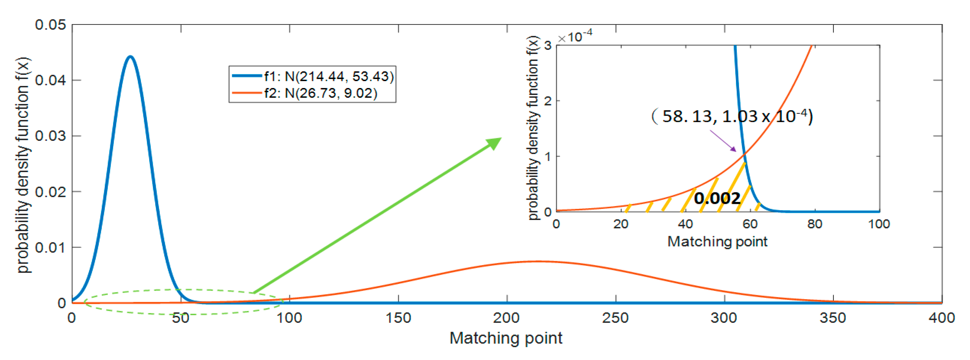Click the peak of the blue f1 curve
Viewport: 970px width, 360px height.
pyautogui.click(x=130, y=57)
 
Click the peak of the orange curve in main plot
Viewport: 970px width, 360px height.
pyautogui.click(x=538, y=261)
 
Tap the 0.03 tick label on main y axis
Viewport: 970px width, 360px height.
pyautogui.click(x=50, y=136)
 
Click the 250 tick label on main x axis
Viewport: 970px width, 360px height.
pyautogui.click(x=615, y=318)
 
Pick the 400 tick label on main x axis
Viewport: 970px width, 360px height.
pyautogui.click(x=941, y=318)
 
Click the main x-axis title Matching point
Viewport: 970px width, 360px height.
pyautogui.click(x=506, y=338)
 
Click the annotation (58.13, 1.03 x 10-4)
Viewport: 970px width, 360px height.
pyautogui.click(x=732, y=116)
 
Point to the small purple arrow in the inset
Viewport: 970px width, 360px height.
pyautogui.click(x=723, y=141)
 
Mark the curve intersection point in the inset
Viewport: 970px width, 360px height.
pyautogui.click(x=744, y=154)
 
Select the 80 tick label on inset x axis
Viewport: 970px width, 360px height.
pyautogui.click(x=814, y=224)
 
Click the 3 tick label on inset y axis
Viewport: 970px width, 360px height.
pyautogui.click(x=548, y=46)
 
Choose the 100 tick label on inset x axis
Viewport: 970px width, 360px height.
pyautogui.click(x=879, y=224)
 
